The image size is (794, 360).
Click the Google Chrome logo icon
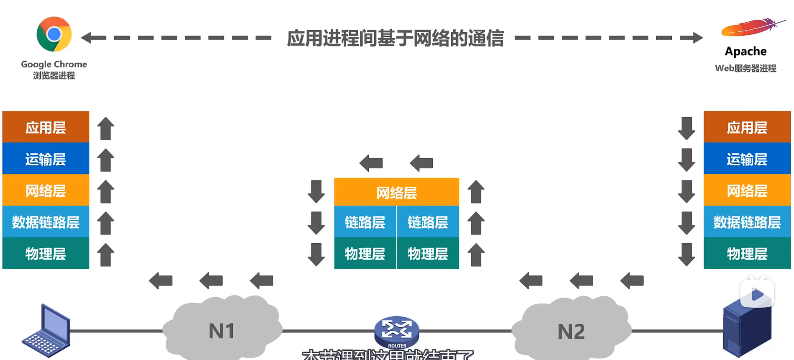(x=54, y=34)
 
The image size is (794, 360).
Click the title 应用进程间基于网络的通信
(x=395, y=38)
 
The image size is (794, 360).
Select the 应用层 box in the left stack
(x=46, y=127)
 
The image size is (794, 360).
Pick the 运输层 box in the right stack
(x=747, y=159)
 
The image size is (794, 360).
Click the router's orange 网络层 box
(x=396, y=193)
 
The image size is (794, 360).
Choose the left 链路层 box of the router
(x=365, y=222)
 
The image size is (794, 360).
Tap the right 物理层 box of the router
(x=428, y=254)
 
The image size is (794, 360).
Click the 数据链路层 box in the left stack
(x=46, y=222)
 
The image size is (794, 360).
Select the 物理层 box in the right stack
(x=747, y=254)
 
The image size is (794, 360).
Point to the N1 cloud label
(x=221, y=331)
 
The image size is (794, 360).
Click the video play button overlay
(x=757, y=294)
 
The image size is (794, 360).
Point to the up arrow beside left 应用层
(x=105, y=128)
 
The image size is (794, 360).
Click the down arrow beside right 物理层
(x=686, y=254)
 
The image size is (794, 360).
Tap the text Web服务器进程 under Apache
(x=745, y=68)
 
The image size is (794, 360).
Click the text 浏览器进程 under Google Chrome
(x=54, y=76)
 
